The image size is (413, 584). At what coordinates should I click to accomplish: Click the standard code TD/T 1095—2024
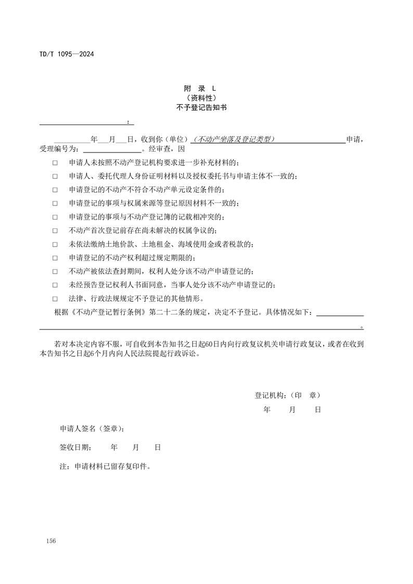point(66,54)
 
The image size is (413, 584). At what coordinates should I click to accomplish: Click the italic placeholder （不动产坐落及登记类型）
point(233,139)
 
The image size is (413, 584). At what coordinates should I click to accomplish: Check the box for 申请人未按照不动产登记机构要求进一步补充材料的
point(55,163)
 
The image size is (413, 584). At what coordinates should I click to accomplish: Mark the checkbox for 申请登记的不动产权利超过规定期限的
point(55,258)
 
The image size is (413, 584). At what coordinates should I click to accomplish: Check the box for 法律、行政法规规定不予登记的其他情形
point(55,299)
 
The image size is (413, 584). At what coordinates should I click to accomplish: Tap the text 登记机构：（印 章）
point(291,396)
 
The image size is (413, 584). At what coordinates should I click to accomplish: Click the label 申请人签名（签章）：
point(92,429)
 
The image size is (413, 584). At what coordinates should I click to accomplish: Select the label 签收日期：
point(76,447)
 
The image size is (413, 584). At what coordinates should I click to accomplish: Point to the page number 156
point(50,541)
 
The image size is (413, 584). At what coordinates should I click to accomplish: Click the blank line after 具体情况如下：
point(340,314)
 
